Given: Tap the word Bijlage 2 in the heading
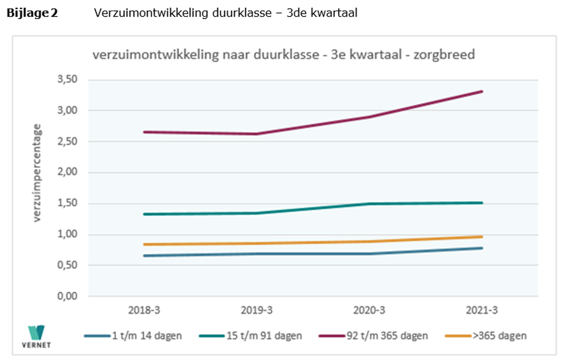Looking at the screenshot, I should click(x=32, y=13).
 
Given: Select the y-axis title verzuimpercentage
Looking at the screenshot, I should click(x=39, y=173).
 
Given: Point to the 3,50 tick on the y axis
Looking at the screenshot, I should click(x=67, y=80).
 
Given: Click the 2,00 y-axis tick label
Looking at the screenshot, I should click(x=67, y=173).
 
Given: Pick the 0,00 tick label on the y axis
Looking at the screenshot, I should click(x=67, y=297).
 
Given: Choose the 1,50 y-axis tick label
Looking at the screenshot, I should click(x=67, y=204).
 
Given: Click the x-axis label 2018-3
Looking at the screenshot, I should click(x=144, y=310).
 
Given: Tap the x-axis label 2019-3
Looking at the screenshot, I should click(x=257, y=310).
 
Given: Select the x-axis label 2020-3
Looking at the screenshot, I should click(x=369, y=310).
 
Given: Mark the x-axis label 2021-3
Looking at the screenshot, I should click(x=482, y=310).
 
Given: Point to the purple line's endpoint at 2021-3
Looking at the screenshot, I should click(x=482, y=91).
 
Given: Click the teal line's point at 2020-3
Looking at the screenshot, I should click(x=369, y=204).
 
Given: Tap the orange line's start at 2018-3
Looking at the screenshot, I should click(x=144, y=244).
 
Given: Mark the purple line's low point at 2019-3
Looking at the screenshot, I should click(x=257, y=134).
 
